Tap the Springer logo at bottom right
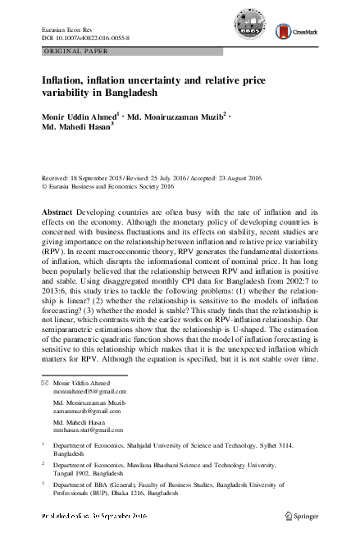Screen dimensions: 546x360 click(x=304, y=516)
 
